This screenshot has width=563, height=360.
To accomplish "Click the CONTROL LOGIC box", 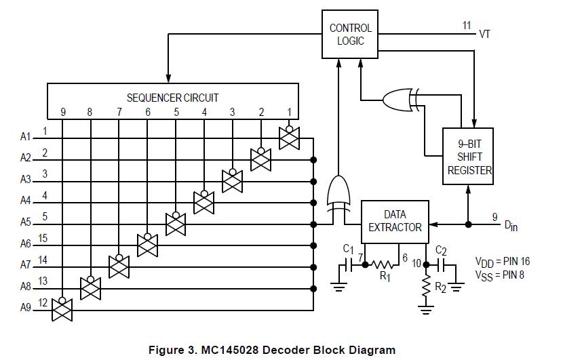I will click(x=350, y=35).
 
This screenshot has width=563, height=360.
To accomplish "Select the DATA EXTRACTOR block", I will click(x=395, y=221).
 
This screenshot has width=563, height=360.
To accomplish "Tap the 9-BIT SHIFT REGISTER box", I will click(x=468, y=157).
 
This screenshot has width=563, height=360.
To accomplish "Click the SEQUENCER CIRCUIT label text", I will click(x=172, y=98).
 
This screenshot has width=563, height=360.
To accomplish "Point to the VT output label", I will click(x=486, y=33).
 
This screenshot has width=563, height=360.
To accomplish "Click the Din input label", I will click(x=510, y=226).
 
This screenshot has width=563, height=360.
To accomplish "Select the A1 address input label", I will click(x=26, y=137).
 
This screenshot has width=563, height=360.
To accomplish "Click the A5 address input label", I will click(x=26, y=222).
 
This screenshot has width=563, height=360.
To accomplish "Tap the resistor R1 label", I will click(x=384, y=276).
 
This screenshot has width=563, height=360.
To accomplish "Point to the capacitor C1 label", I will click(x=349, y=248).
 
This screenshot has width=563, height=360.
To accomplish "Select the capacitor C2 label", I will click(x=441, y=251).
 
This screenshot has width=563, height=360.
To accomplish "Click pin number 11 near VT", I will click(x=467, y=26).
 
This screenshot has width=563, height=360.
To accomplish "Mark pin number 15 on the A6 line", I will click(x=43, y=238).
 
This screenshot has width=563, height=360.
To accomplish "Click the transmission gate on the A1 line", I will click(x=289, y=138).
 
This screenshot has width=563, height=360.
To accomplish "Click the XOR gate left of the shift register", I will click(x=399, y=100).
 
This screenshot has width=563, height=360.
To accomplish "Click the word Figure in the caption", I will click(x=168, y=350).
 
